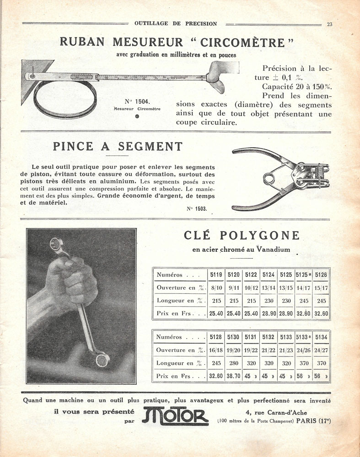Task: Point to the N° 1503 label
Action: pos(197,208)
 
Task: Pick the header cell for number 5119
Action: pos(216,275)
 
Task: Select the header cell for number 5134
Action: pos(321,337)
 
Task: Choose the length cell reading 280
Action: pos(233,363)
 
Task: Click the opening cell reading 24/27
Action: pos(321,350)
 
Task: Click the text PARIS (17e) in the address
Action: pos(313,420)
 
